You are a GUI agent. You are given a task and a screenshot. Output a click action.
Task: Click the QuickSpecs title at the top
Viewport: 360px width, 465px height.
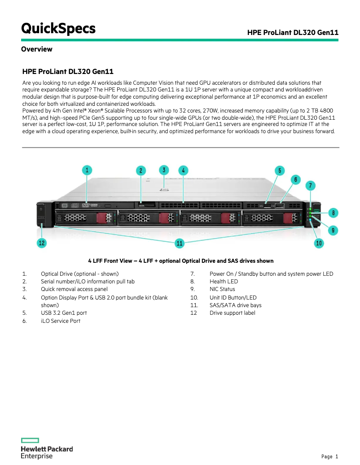pyautogui.click(x=58, y=29)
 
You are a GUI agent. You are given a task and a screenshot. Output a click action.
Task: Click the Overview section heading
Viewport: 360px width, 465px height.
pyautogui.click(x=36, y=49)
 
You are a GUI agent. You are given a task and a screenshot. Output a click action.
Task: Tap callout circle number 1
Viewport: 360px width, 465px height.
pyautogui.click(x=87, y=170)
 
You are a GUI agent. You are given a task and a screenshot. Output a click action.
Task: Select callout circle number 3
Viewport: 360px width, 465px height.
pyautogui.click(x=164, y=170)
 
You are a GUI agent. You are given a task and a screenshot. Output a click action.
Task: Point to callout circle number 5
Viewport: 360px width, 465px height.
pyautogui.click(x=280, y=170)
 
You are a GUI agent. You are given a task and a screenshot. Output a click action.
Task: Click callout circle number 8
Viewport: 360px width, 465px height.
pyautogui.click(x=333, y=212)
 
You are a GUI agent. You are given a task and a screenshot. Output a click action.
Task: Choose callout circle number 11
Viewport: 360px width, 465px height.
pyautogui.click(x=180, y=243)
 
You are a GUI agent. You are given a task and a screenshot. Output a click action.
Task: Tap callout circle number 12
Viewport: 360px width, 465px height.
pyautogui.click(x=41, y=243)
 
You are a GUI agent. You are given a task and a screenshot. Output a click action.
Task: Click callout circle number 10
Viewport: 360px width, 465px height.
pyautogui.click(x=319, y=243)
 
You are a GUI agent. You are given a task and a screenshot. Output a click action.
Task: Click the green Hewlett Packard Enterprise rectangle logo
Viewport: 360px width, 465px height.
pyautogui.click(x=30, y=440)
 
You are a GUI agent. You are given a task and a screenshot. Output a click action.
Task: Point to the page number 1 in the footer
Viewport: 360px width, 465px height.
pyautogui.click(x=336, y=457)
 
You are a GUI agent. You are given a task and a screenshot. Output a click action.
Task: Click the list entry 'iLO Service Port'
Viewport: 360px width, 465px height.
pyautogui.click(x=61, y=321)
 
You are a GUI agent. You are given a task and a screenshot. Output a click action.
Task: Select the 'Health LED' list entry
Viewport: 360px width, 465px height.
pyautogui.click(x=224, y=282)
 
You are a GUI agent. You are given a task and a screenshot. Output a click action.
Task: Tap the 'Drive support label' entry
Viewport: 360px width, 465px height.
pyautogui.click(x=232, y=313)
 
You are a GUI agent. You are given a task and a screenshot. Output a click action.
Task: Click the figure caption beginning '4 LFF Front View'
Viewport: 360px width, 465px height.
pyautogui.click(x=180, y=261)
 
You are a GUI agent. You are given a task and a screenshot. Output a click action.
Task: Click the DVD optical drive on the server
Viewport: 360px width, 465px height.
pyautogui.click(x=85, y=205)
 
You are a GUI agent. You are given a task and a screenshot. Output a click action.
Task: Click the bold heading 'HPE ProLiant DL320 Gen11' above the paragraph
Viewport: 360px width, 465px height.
pyautogui.click(x=71, y=72)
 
